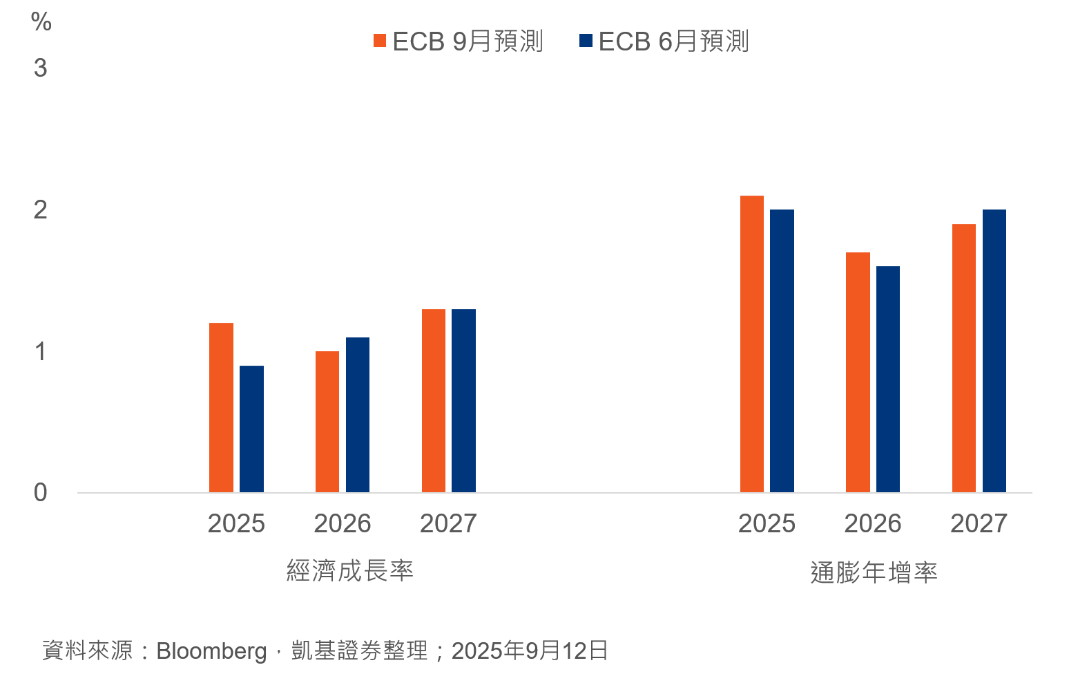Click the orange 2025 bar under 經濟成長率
(x=221, y=408)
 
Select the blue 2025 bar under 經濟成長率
(x=251, y=429)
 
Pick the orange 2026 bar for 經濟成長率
(x=327, y=422)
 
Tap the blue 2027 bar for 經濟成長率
(x=463, y=401)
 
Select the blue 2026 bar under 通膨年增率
(x=888, y=380)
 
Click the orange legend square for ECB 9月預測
(x=380, y=41)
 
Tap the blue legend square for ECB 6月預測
(x=586, y=41)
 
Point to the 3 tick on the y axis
(x=41, y=68)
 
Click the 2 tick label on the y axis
(x=41, y=209)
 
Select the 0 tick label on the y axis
(x=41, y=492)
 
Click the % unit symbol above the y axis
(x=41, y=22)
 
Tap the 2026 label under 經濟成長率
(x=343, y=523)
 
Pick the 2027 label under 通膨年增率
(x=979, y=523)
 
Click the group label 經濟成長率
(x=350, y=571)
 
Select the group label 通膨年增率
(x=874, y=572)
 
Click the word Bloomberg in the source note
(x=211, y=651)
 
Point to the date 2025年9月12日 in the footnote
(x=530, y=651)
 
